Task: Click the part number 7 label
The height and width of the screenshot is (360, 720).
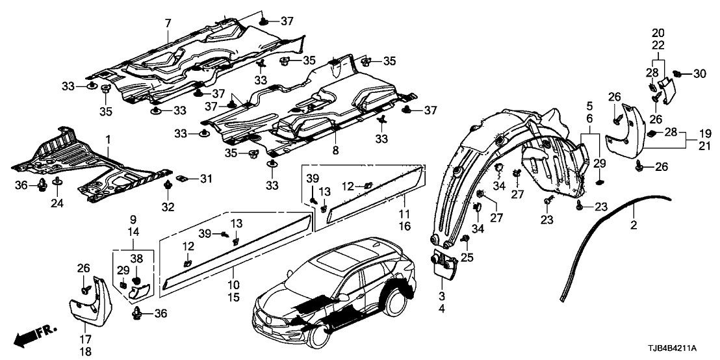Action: [168, 23]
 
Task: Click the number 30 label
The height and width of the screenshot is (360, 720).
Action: [699, 75]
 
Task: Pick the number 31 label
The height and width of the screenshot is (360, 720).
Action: [206, 179]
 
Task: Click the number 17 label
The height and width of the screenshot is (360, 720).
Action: [85, 339]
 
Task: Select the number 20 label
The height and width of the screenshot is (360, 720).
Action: [658, 32]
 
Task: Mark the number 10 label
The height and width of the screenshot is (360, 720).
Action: [232, 285]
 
